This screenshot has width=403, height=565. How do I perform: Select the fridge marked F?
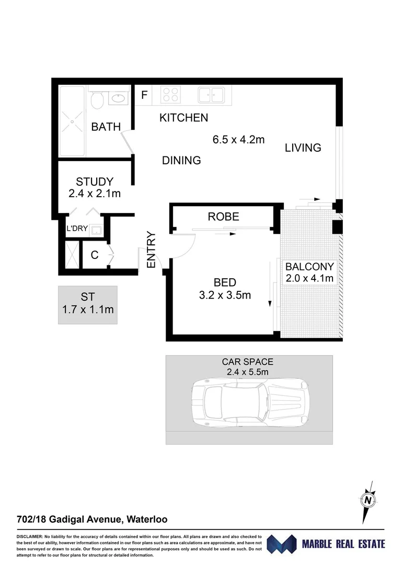pyautogui.click(x=144, y=95)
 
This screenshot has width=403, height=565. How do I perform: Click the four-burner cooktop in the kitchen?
pyautogui.click(x=170, y=95)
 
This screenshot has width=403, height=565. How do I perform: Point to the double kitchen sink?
pyautogui.click(x=211, y=95)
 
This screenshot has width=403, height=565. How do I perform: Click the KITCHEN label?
pyautogui.click(x=183, y=118)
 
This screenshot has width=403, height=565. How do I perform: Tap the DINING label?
pyautogui.click(x=181, y=160)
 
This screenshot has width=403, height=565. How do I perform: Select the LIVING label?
pyautogui.click(x=303, y=148)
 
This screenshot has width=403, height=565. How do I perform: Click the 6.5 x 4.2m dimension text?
pyautogui.click(x=238, y=139)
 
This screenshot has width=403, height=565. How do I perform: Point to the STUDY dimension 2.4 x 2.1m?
pyautogui.click(x=95, y=194)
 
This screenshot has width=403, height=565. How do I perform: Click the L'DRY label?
pyautogui.click(x=77, y=228)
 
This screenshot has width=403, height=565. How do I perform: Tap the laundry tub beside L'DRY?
pyautogui.click(x=96, y=230)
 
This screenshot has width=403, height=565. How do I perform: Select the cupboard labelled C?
pyautogui.click(x=95, y=255)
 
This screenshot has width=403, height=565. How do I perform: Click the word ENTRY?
pyautogui.click(x=151, y=250)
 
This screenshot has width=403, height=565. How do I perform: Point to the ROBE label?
pyautogui.click(x=223, y=217)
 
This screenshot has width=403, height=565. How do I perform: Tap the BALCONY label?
pyautogui.click(x=309, y=267)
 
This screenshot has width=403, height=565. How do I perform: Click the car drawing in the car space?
pyautogui.click(x=250, y=402)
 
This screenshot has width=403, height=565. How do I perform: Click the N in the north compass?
pyautogui.click(x=367, y=500)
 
